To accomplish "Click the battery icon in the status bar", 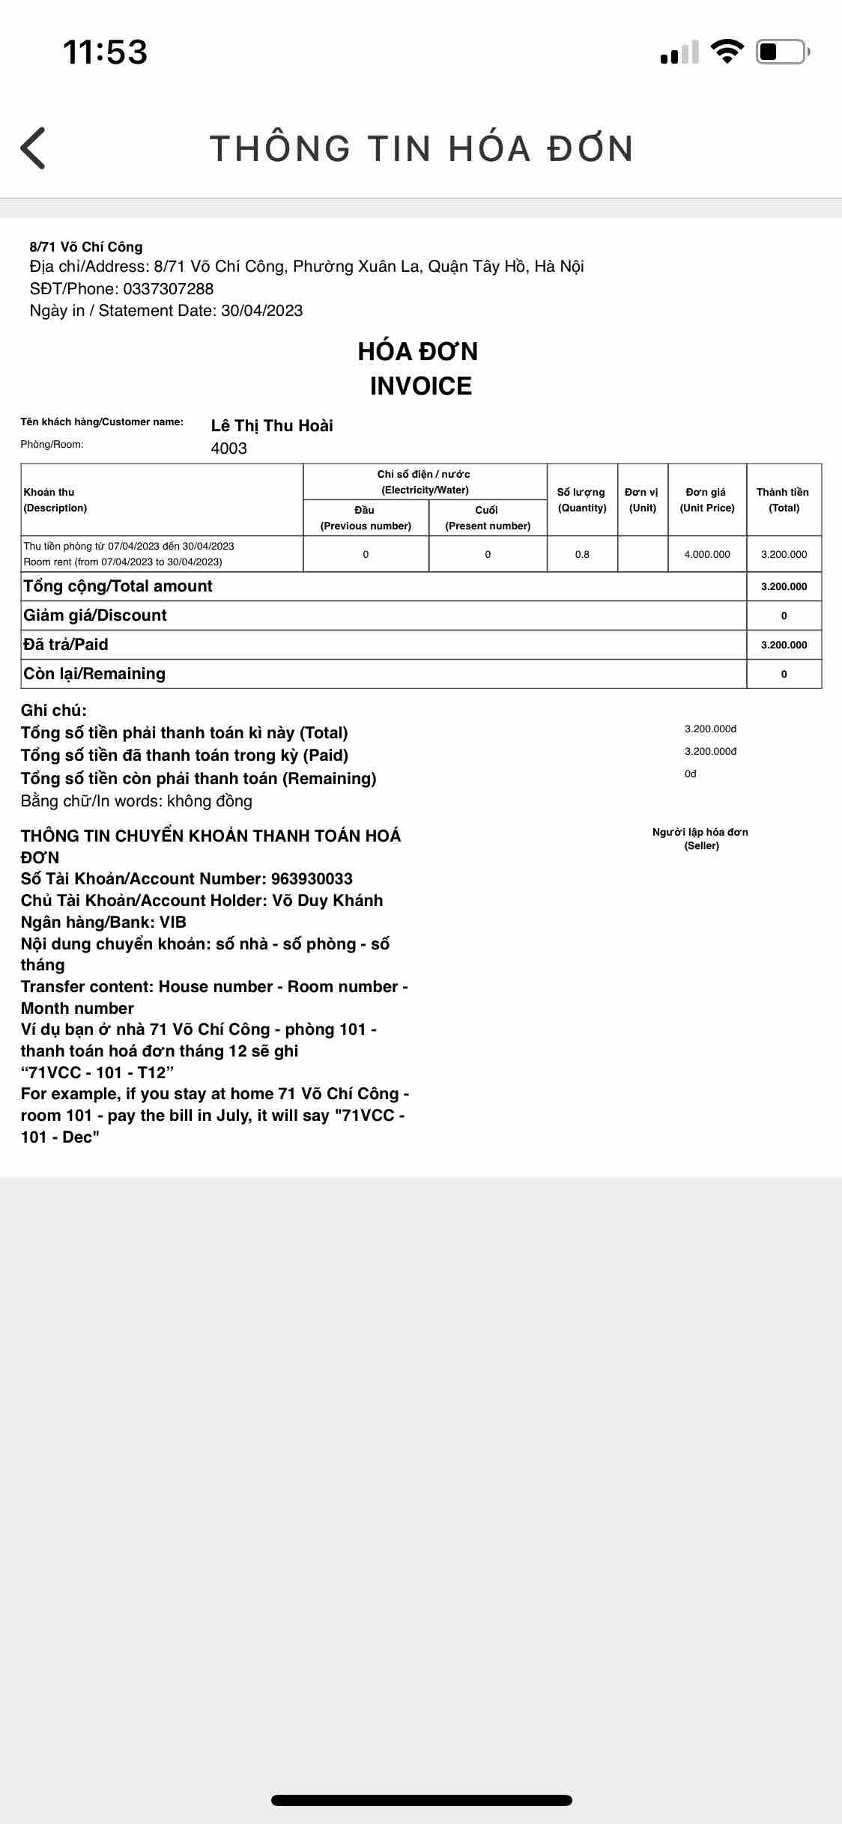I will (x=781, y=52).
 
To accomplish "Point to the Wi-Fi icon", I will (x=726, y=51).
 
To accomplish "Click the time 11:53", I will (x=105, y=52).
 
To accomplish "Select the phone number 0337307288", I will (x=169, y=289).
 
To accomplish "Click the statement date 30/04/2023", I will (x=261, y=311).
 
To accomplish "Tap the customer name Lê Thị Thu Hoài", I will (x=272, y=426).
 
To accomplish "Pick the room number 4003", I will (x=228, y=449).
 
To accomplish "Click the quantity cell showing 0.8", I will (x=582, y=555).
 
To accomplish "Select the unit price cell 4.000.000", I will (x=706, y=555).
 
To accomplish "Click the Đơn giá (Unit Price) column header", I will (x=706, y=499).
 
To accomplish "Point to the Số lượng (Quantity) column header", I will (x=582, y=499).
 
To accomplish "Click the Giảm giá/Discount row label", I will (x=95, y=615).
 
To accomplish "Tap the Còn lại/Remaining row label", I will (x=94, y=674).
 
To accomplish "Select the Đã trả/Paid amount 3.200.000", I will (x=784, y=645).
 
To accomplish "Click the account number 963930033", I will (x=312, y=879).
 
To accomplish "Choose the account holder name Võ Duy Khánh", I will (x=327, y=901).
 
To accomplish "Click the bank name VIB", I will (x=173, y=922).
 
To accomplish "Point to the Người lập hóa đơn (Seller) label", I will (x=700, y=839).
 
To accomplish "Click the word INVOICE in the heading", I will (x=420, y=386).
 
